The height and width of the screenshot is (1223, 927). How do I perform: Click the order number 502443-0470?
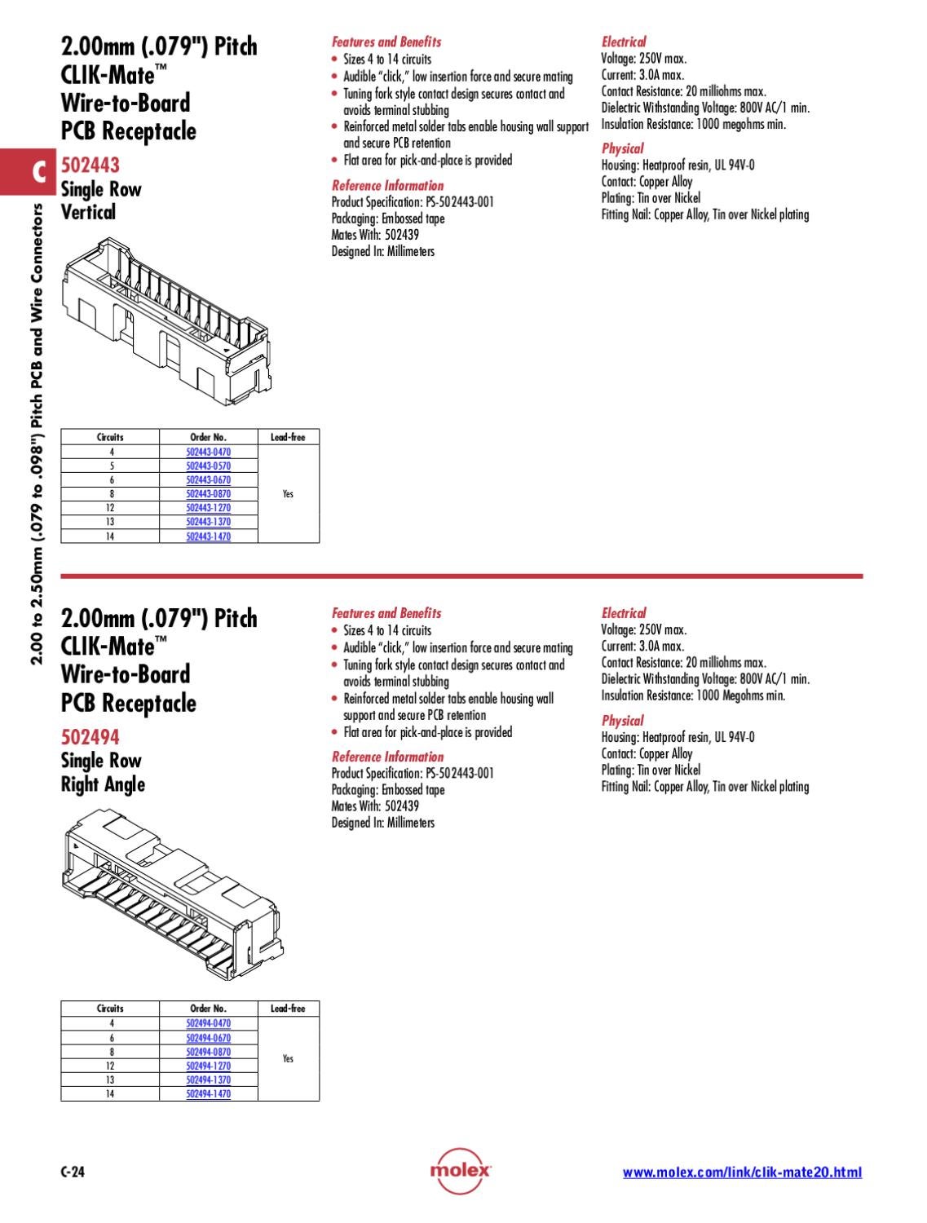[208, 452]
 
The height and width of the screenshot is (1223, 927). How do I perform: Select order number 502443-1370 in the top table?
[208, 522]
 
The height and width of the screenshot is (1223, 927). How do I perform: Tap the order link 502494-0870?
[208, 1052]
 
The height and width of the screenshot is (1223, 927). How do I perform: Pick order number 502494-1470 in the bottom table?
[208, 1094]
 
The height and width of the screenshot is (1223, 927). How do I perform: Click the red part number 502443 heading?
[90, 166]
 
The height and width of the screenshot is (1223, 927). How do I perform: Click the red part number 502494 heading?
[90, 737]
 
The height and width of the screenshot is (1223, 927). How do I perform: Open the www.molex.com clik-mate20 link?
[742, 1172]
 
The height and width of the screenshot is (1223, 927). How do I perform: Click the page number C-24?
[73, 1172]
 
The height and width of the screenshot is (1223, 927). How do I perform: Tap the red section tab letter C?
[38, 173]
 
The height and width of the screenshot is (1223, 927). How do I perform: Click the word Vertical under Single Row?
[88, 213]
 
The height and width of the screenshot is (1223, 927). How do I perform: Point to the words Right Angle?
[103, 784]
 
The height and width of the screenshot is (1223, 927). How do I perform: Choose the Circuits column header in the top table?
[110, 437]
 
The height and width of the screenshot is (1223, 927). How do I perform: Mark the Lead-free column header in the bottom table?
[288, 1009]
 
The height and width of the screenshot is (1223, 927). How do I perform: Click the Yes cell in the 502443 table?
[288, 494]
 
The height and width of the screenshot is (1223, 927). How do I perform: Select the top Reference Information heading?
[387, 185]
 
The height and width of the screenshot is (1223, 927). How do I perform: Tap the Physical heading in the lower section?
[622, 720]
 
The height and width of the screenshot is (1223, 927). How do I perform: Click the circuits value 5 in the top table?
[111, 466]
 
